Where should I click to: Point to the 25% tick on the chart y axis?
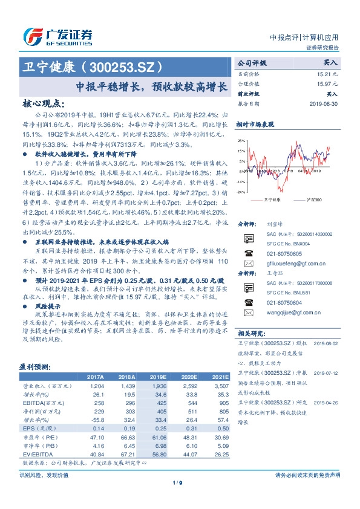point(241,140)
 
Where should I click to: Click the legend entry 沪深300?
point(314,198)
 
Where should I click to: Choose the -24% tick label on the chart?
point(241,192)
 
